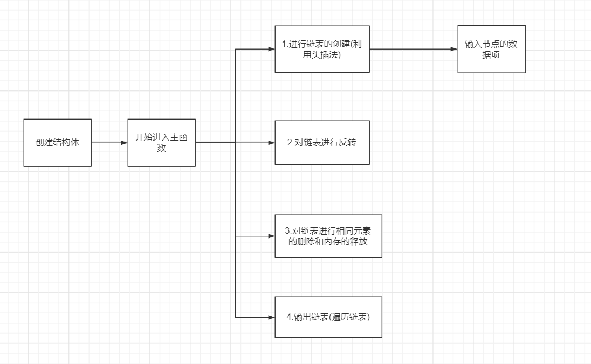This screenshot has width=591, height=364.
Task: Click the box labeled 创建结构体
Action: tap(57, 143)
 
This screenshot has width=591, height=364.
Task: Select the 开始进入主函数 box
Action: tap(161, 143)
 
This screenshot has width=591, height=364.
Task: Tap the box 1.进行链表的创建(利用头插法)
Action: tap(322, 49)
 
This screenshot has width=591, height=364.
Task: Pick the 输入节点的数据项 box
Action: tap(491, 49)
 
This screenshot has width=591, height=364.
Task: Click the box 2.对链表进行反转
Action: tap(322, 143)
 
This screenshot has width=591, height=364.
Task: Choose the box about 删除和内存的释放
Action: tap(328, 236)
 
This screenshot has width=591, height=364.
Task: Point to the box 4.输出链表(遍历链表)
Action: tap(328, 317)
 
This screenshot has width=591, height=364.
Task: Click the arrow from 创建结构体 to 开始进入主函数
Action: tap(109, 143)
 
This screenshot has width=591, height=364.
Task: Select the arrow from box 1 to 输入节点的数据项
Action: tap(413, 49)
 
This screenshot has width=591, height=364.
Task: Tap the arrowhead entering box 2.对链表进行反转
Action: tap(272, 143)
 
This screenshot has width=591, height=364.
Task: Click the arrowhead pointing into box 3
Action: tap(272, 236)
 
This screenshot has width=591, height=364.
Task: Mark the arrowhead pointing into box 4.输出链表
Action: tap(272, 317)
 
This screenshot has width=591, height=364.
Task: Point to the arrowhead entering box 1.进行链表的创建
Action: tap(272, 49)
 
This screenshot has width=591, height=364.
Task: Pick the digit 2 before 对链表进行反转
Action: tap(290, 143)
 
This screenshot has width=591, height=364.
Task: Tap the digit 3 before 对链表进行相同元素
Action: tap(287, 232)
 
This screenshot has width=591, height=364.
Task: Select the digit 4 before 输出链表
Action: tap(289, 317)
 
